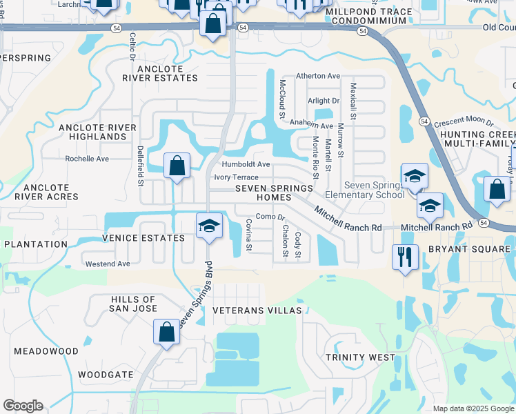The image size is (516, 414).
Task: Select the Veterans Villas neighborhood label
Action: (257, 310)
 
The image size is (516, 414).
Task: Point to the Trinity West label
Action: (361, 357)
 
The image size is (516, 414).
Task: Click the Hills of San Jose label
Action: (133, 304)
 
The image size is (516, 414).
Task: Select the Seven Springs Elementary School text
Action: (374, 190)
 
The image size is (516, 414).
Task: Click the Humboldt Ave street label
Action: (246, 164)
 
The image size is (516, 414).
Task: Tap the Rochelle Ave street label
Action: (87, 159)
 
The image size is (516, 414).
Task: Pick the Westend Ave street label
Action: (108, 264)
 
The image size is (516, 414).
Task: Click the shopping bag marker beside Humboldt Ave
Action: (177, 166)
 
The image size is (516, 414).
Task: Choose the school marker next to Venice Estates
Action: (209, 226)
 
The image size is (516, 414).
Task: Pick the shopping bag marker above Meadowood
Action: (166, 333)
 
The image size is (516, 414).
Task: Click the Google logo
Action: (23, 406)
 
